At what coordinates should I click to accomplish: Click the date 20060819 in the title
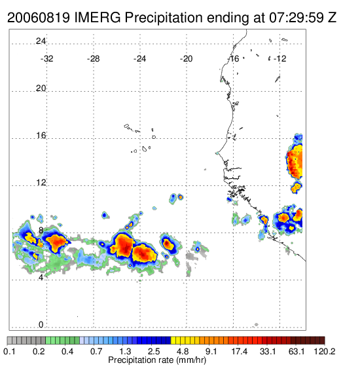(x=39, y=18)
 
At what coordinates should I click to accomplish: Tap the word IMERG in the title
(x=98, y=18)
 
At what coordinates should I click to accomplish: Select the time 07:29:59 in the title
(x=297, y=18)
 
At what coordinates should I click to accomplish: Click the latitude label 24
(x=41, y=41)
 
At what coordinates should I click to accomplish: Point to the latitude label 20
(x=41, y=88)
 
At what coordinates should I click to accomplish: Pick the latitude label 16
(x=41, y=136)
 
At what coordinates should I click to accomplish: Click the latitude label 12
(x=41, y=183)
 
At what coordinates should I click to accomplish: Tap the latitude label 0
(x=41, y=325)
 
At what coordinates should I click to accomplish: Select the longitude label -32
(x=46, y=59)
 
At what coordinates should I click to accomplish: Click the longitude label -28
(x=93, y=59)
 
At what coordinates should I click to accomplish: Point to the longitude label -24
(x=139, y=59)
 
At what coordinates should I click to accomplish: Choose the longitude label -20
(x=186, y=59)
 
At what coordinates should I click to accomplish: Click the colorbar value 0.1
(x=10, y=351)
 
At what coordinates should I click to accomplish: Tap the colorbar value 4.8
(x=183, y=351)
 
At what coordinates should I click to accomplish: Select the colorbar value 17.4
(x=240, y=351)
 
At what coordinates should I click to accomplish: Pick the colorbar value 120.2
(x=325, y=351)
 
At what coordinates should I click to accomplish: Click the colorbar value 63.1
(x=297, y=351)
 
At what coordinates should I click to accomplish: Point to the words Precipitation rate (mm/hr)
(x=157, y=360)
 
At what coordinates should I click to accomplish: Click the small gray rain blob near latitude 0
(x=257, y=324)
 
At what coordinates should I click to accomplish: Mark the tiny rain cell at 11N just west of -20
(x=181, y=197)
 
